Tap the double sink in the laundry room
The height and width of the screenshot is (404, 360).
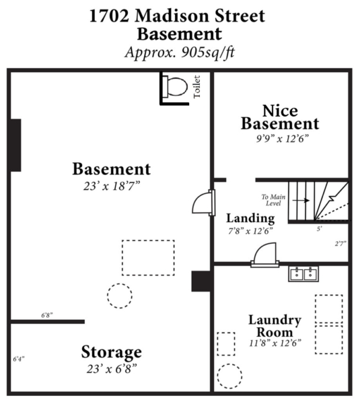click(x=303, y=274)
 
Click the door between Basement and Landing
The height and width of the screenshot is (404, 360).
click(x=204, y=203)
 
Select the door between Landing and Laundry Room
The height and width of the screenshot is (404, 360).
click(x=265, y=255)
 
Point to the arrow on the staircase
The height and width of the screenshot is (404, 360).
click(x=301, y=200)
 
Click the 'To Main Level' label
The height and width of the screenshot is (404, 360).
click(x=273, y=200)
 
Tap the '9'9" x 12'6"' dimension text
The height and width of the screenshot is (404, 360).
click(x=282, y=139)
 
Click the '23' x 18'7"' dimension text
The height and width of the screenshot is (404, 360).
click(x=112, y=186)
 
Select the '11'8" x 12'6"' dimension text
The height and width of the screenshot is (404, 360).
click(x=275, y=343)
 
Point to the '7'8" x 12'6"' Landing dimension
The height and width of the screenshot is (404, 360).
click(x=250, y=231)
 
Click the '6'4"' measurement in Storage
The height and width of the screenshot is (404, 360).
click(x=19, y=359)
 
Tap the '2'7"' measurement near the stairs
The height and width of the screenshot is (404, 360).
click(x=340, y=244)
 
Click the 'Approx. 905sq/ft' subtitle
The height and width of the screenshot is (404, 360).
click(x=180, y=53)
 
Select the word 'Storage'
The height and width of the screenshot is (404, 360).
click(x=112, y=352)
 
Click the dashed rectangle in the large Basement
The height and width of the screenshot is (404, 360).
click(x=148, y=240)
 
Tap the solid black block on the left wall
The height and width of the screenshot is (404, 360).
click(x=15, y=145)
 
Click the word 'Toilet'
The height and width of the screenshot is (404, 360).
click(x=197, y=87)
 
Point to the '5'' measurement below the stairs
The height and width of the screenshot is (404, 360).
click(x=320, y=228)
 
